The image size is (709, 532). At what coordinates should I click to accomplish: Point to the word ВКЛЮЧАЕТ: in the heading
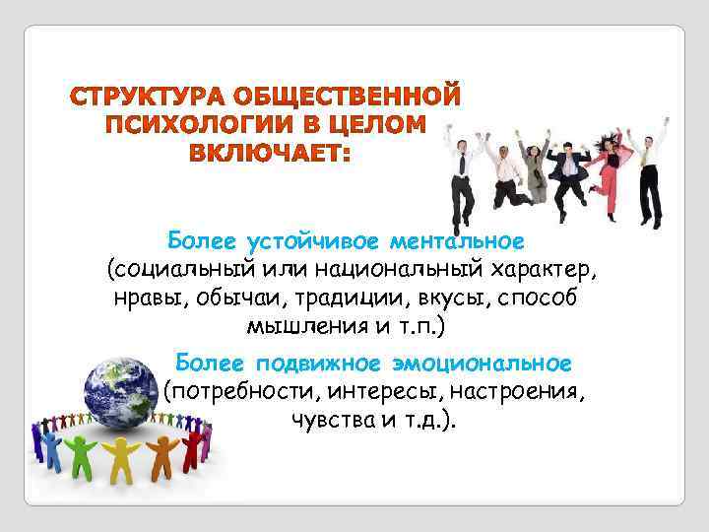point(270,154)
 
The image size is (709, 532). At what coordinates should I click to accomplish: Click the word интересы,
point(368,393)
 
